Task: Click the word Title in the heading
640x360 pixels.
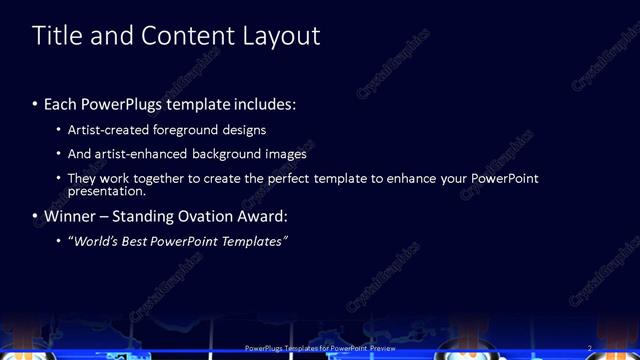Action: (57, 36)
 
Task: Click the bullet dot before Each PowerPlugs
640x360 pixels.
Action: (35, 104)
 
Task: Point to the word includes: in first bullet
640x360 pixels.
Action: (265, 104)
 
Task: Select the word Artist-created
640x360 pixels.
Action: (108, 130)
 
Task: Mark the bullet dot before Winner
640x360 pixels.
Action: (35, 216)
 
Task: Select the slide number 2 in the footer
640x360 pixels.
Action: (590, 348)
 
